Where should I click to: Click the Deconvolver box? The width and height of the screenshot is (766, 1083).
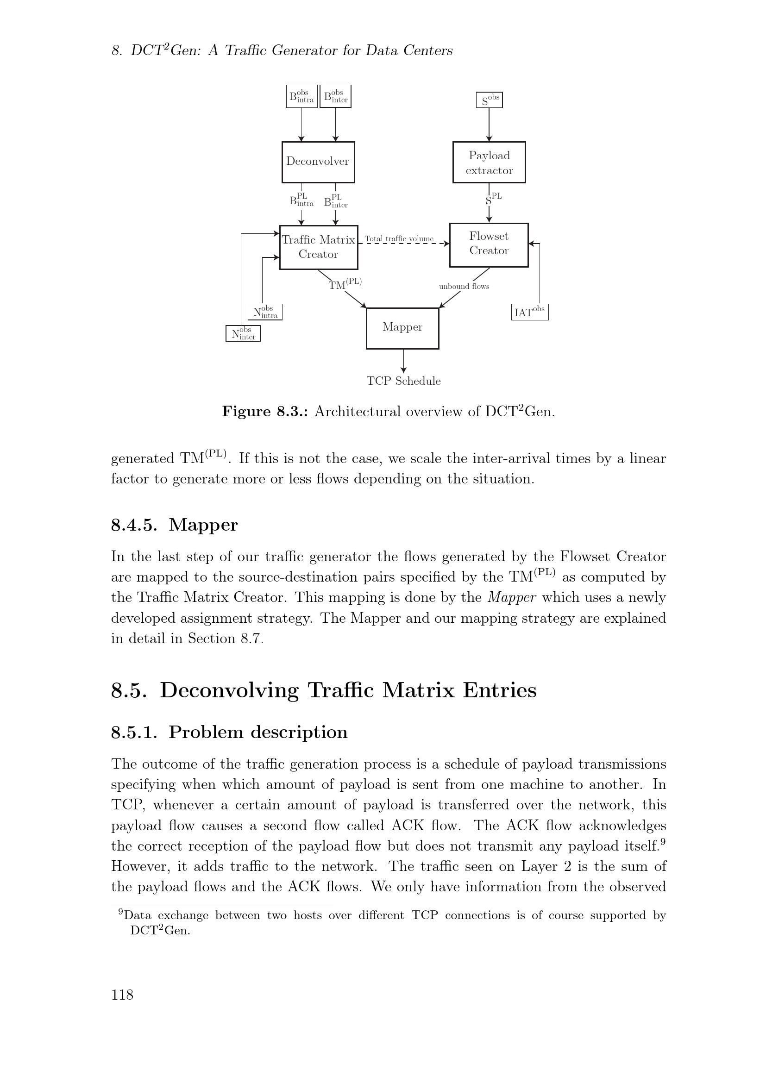click(318, 162)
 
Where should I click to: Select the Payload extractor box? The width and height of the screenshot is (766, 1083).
click(489, 162)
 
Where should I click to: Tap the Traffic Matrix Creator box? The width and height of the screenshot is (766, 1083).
click(318, 247)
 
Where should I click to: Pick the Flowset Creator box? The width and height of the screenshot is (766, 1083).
click(489, 245)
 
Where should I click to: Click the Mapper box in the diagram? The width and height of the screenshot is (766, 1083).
click(402, 328)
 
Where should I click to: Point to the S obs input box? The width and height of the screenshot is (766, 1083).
click(489, 100)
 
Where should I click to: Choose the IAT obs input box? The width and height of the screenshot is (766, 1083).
click(530, 312)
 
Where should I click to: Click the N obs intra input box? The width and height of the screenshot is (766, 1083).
click(264, 312)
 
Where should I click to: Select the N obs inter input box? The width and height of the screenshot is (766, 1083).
click(243, 334)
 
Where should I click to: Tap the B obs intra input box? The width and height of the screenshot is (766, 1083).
click(301, 97)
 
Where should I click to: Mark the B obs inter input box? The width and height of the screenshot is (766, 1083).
click(335, 97)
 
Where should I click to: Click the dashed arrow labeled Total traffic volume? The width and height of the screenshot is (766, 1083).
click(403, 244)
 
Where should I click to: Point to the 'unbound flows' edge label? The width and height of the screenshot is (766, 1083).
click(464, 286)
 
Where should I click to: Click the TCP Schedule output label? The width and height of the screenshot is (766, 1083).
click(404, 381)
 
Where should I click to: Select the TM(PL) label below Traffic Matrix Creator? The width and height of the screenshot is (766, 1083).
click(345, 284)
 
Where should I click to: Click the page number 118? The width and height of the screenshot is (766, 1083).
click(122, 995)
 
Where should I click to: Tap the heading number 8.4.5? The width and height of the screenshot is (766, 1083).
click(133, 525)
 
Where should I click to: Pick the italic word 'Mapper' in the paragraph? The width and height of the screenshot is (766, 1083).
click(512, 598)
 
